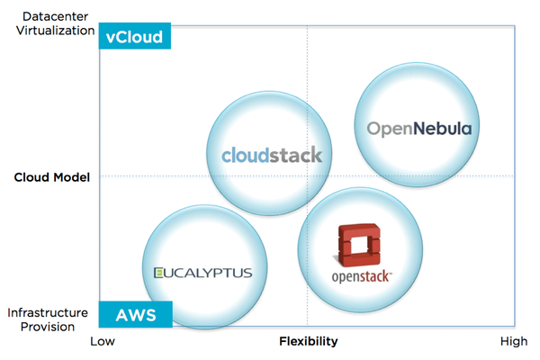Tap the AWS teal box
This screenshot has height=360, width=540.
tap(135, 315)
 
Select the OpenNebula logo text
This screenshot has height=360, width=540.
tap(418, 129)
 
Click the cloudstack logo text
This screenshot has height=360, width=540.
tap(272, 154)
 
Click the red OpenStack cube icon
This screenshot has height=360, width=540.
tap(360, 244)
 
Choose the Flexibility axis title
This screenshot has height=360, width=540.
tap(308, 341)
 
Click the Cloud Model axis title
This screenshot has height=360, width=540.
tap(52, 177)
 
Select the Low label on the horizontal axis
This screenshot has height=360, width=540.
tap(103, 341)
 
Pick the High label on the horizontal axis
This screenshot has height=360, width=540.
tap(514, 341)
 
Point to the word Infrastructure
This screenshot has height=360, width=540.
tap(48, 311)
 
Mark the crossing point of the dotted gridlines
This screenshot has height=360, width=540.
tap(308, 176)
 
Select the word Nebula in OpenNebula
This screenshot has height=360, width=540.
tap(440, 129)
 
